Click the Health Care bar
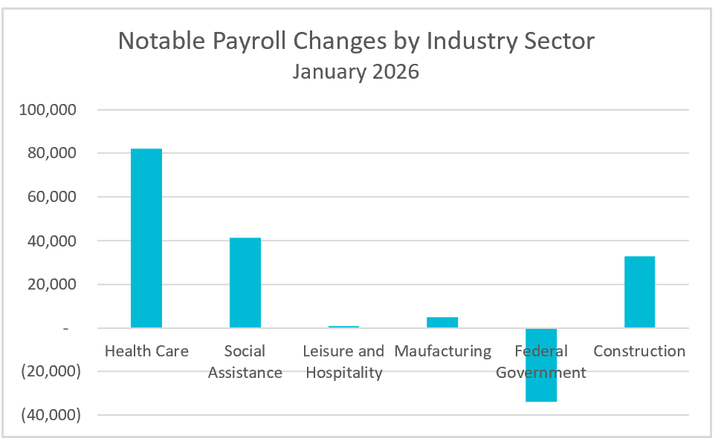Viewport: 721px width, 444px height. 146,238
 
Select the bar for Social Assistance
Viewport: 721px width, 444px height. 245,283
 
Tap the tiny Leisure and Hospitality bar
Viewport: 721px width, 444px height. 343,327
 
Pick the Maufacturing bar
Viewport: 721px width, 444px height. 442,322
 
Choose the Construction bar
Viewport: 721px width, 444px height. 639,292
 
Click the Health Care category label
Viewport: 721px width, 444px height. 146,351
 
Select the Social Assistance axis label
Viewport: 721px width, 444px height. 245,362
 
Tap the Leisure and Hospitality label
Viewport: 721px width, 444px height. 343,362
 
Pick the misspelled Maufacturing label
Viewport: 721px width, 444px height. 442,351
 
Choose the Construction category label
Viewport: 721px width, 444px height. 639,351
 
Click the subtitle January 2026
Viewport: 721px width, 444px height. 355,72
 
